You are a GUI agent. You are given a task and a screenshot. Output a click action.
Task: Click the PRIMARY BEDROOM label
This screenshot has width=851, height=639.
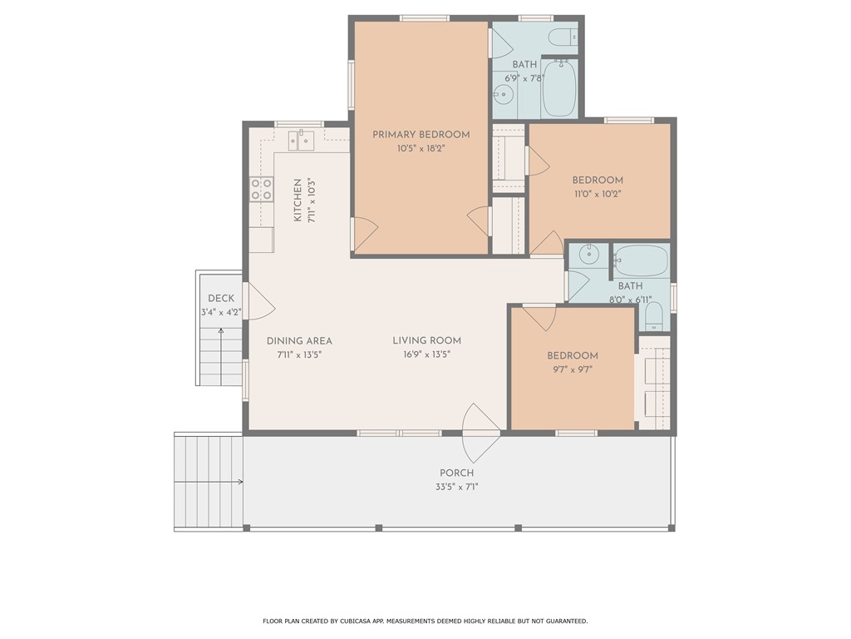coord(421,135)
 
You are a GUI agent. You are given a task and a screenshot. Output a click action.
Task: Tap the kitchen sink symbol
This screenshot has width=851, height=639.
coord(302,140)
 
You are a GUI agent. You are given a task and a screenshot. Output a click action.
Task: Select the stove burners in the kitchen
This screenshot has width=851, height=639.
coord(262,190)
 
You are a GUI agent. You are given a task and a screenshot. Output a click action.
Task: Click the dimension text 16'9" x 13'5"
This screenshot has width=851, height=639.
coord(427,354)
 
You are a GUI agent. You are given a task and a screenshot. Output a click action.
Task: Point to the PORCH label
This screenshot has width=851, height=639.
coord(457,473)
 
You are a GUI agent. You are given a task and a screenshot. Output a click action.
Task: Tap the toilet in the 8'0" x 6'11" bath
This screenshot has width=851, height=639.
coord(653,314)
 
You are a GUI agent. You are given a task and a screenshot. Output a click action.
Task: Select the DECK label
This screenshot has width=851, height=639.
coord(221,299)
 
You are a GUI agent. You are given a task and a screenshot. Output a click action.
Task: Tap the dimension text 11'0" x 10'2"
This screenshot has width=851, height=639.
coord(597,194)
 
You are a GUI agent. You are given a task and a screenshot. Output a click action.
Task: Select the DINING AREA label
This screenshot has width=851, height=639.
coord(299,341)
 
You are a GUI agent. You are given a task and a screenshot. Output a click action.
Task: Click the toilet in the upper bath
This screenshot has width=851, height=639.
coord(564,37)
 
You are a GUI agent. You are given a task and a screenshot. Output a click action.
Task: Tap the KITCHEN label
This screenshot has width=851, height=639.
coord(298,201)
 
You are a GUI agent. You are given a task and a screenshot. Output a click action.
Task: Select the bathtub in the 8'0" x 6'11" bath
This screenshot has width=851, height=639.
coord(641,260)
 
